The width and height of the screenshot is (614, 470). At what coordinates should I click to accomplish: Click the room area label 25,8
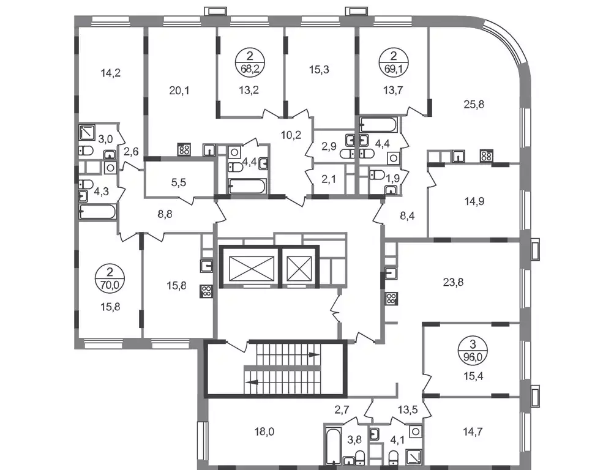pyautogui.click(x=474, y=104)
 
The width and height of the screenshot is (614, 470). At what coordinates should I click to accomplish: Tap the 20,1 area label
pyautogui.click(x=179, y=91)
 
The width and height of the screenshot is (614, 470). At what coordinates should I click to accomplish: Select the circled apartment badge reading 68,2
pyautogui.click(x=250, y=62)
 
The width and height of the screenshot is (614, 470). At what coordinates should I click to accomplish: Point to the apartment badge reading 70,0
pyautogui.click(x=110, y=278)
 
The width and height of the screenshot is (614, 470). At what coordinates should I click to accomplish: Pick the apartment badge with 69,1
pyautogui.click(x=394, y=62)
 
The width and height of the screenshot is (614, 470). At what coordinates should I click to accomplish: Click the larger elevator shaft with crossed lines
pyautogui.click(x=251, y=269)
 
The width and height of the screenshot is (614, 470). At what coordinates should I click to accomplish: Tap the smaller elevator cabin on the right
pyautogui.click(x=299, y=269)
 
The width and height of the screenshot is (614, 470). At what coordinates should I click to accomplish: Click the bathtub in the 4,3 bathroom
pyautogui.click(x=97, y=212)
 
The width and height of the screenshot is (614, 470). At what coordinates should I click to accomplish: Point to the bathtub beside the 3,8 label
pyautogui.click(x=332, y=446)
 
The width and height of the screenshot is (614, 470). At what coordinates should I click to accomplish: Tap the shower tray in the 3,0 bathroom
pyautogui.click(x=86, y=133)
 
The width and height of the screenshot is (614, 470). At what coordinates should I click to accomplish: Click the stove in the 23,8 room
pyautogui.click(x=392, y=299)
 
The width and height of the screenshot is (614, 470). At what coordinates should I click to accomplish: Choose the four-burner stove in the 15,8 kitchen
pyautogui.click(x=206, y=291)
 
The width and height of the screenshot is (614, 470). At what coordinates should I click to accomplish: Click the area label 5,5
pyautogui.click(x=179, y=182)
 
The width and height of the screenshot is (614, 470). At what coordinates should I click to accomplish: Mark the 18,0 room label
pyautogui.click(x=264, y=431)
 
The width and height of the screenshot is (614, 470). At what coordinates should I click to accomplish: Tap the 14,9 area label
pyautogui.click(x=474, y=201)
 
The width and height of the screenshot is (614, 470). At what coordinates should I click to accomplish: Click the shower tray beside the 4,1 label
pyautogui.click(x=414, y=457)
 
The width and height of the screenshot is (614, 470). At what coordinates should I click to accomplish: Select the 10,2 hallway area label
pyautogui.click(x=291, y=135)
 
